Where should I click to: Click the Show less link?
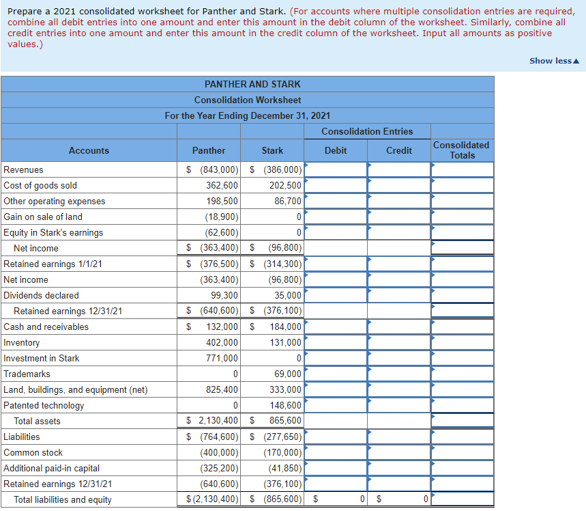[x=554, y=61]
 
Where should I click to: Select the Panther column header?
[x=209, y=150]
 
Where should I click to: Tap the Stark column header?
[x=272, y=150]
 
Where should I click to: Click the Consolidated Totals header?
[x=462, y=150]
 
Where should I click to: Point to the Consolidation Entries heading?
[x=367, y=131]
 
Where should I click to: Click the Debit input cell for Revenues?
[x=336, y=169]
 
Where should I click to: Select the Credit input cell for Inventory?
[x=399, y=342]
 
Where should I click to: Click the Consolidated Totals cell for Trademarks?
[x=462, y=374]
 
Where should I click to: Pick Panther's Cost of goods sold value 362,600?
[x=222, y=185]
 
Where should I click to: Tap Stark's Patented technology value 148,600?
[x=285, y=405]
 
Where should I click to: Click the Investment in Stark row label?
[x=42, y=358]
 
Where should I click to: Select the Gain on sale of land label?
[x=43, y=217]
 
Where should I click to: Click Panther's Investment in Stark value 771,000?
[x=222, y=358]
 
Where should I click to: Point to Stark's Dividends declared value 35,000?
[x=288, y=295]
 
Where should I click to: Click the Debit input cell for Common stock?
[x=336, y=452]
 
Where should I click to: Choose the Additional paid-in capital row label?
[x=52, y=468]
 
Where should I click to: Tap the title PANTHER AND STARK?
[x=252, y=84]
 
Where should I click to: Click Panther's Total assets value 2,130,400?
[x=218, y=421]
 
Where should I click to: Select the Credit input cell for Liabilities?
[x=399, y=437]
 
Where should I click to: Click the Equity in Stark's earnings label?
[x=54, y=232]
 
